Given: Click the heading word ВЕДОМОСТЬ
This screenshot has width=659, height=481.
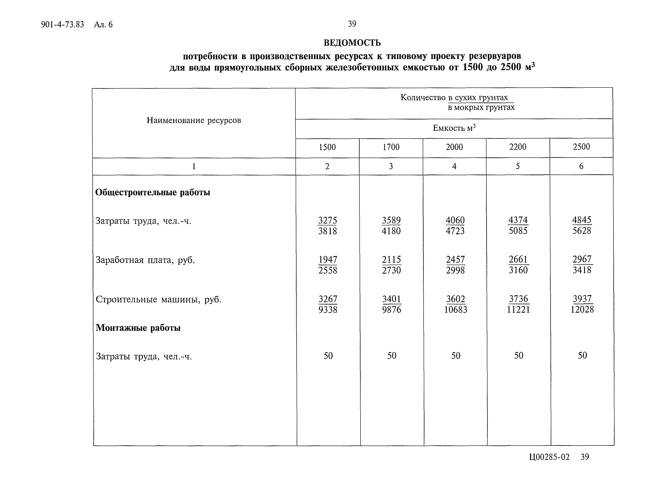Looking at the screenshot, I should click(x=352, y=43).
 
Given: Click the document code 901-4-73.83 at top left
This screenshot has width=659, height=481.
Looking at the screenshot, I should click(x=62, y=24).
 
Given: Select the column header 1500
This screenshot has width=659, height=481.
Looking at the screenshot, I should click(x=327, y=147).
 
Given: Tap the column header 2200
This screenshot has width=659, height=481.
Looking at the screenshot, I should click(x=518, y=147).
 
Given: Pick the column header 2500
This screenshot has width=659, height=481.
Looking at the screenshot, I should click(x=581, y=146).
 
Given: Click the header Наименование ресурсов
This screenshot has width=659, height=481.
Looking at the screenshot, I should click(x=194, y=120).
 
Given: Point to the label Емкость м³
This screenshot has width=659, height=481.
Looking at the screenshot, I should click(x=454, y=128).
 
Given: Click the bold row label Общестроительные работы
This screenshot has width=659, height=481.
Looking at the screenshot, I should click(x=153, y=192).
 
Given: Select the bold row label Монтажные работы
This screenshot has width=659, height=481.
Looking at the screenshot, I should click(x=138, y=328).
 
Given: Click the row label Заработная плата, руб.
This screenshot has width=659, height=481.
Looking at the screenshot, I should click(x=145, y=260).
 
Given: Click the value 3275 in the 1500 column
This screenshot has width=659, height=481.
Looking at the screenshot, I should click(x=327, y=220).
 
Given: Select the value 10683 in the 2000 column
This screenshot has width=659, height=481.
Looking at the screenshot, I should click(x=455, y=309).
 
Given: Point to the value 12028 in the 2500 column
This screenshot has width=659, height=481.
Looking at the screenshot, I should click(x=582, y=309).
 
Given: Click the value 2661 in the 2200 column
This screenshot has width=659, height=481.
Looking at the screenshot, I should click(x=518, y=259).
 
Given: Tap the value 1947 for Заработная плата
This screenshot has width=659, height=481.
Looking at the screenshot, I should click(x=328, y=259).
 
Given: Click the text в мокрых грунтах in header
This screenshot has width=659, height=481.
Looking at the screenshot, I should click(x=481, y=107).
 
